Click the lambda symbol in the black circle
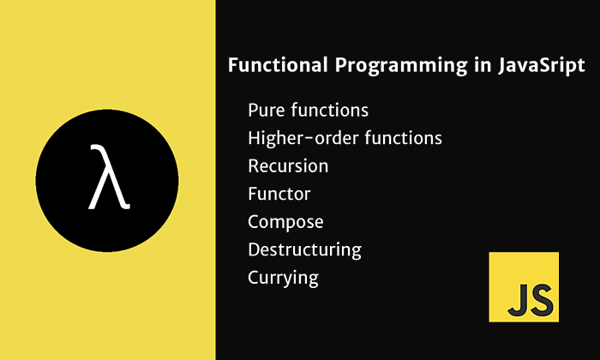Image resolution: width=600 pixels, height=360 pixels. [x=109, y=178]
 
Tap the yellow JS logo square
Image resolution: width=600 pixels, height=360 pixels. [x=523, y=286]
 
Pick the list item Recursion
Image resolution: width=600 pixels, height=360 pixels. [x=288, y=165]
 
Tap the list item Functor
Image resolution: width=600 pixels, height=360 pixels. [x=279, y=194]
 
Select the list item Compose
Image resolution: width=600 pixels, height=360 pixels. [x=285, y=222]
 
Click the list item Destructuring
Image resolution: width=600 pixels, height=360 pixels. [x=304, y=250]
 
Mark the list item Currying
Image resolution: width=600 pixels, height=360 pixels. [x=283, y=279]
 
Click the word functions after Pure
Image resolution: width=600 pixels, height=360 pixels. [x=329, y=111]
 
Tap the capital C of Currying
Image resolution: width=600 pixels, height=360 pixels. [x=254, y=278]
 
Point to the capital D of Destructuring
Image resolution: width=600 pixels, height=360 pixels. [x=254, y=249]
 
